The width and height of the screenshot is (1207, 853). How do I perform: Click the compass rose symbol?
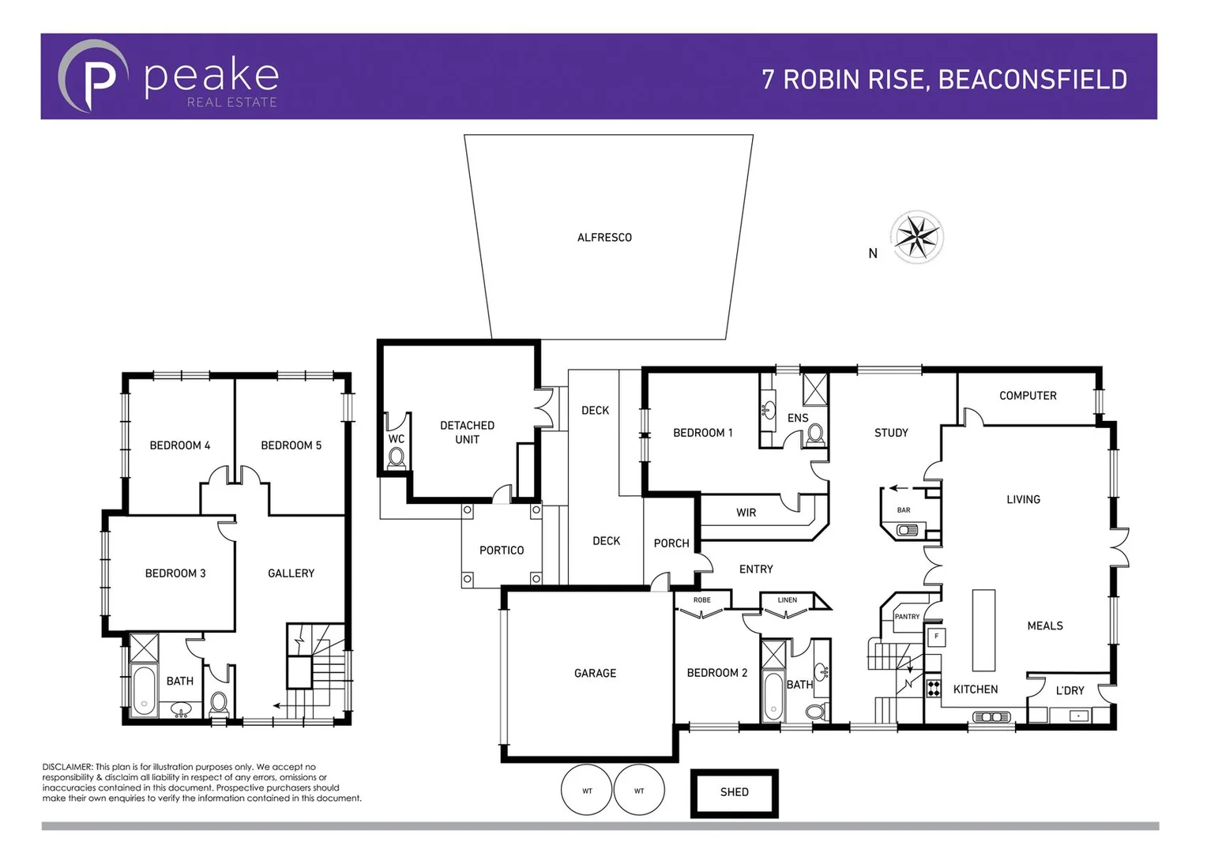pos(917,237)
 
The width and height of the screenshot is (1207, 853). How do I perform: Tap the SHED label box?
pos(734,792)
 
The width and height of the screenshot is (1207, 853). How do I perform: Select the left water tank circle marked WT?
pos(587,790)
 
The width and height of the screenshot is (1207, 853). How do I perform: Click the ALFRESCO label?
pos(604,238)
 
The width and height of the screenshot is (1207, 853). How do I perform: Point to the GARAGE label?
pos(595,674)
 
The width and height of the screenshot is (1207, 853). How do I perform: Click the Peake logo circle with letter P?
pos(93,77)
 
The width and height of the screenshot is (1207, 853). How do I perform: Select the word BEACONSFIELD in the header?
pos(1032,80)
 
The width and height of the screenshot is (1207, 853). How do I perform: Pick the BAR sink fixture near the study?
pos(906,530)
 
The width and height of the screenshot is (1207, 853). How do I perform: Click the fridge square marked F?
pos(936,637)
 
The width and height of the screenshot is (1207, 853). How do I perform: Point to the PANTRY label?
pos(907,617)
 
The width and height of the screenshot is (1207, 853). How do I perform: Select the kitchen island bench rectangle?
pos(983,629)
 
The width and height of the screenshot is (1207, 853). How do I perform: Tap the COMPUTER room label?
pos(1027,396)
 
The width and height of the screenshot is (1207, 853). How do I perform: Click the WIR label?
pos(746,513)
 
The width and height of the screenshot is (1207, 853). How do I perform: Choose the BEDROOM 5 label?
pos(291,445)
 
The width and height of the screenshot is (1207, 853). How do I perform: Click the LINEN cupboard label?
pos(787,600)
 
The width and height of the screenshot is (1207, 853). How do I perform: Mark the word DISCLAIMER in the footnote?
pos(67,767)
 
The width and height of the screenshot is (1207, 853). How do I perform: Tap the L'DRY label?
pos(1070,691)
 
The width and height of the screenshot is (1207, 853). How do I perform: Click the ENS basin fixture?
pos(767,410)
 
